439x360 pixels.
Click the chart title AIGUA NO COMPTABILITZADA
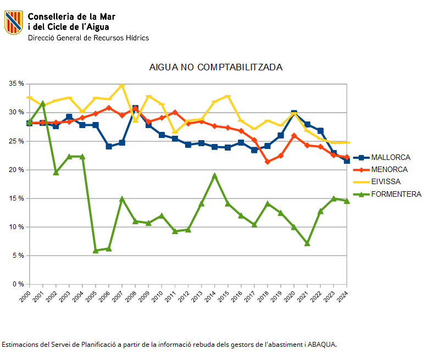(216, 67)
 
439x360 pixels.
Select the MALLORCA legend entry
(390, 158)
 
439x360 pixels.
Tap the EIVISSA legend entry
(385, 181)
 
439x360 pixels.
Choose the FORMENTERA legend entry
(396, 193)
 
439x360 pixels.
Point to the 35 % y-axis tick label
(16, 84)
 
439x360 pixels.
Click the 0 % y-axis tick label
(18, 284)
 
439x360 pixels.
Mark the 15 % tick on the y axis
(16, 198)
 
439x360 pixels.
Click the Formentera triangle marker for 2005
(96, 251)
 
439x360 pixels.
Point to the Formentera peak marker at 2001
(43, 103)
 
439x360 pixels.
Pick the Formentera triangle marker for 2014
(215, 176)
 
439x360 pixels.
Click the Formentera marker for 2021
(307, 243)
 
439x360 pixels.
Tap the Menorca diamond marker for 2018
(268, 162)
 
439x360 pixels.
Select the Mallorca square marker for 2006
(109, 146)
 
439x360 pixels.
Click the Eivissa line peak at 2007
(122, 86)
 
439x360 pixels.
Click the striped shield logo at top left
(14, 23)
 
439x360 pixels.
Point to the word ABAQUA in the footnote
(321, 345)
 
